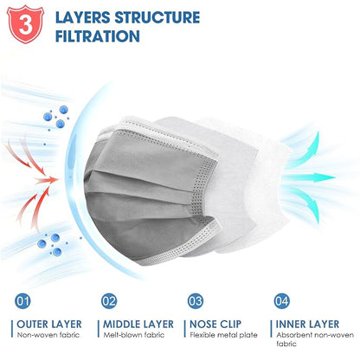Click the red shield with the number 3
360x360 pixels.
coord(25,24)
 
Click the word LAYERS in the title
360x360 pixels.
coord(83,17)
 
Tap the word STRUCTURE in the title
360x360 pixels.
coord(157,17)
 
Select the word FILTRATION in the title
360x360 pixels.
coord(98,36)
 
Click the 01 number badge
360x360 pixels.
coord(22,301)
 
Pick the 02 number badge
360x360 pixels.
coord(109,301)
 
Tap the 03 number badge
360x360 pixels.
coord(196,301)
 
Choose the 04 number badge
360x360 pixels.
coord(282,301)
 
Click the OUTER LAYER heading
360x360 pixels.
coord(49,325)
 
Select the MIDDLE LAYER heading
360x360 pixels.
coord(138,325)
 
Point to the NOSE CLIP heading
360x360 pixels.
coord(215,325)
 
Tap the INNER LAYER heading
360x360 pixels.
coord(307,325)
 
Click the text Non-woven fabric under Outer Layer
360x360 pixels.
coord(48,335)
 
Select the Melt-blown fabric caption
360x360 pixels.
coord(134,335)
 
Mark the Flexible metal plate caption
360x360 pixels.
coord(223,335)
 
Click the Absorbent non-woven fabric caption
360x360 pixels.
coord(315,339)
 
